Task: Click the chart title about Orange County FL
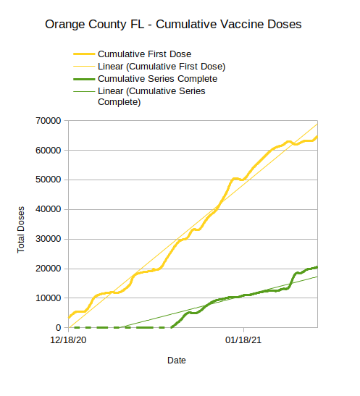173,25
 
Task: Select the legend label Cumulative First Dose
144,54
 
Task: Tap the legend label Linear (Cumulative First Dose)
162,67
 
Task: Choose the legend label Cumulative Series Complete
157,79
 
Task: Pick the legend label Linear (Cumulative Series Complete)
151,96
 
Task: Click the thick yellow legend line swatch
84,54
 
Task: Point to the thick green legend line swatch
84,79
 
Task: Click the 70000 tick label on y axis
49,121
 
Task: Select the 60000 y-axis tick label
49,151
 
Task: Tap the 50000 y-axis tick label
49,180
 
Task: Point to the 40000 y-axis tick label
49,209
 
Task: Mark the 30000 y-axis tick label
49,239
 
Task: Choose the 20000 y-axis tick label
49,269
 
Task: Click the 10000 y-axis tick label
49,298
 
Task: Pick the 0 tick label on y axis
59,327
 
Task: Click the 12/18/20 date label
68,340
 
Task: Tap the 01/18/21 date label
243,340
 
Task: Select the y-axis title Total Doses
21,229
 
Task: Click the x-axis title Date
177,361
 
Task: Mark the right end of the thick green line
317,267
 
